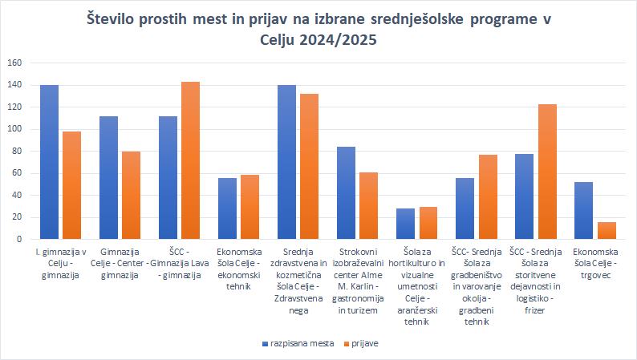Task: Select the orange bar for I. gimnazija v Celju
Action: point(71,185)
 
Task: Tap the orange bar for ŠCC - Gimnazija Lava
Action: point(190,160)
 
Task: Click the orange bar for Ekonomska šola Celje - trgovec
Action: point(606,230)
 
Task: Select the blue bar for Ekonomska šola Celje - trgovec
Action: point(583,211)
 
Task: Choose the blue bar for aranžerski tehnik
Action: point(405,224)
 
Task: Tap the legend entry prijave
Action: point(363,343)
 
